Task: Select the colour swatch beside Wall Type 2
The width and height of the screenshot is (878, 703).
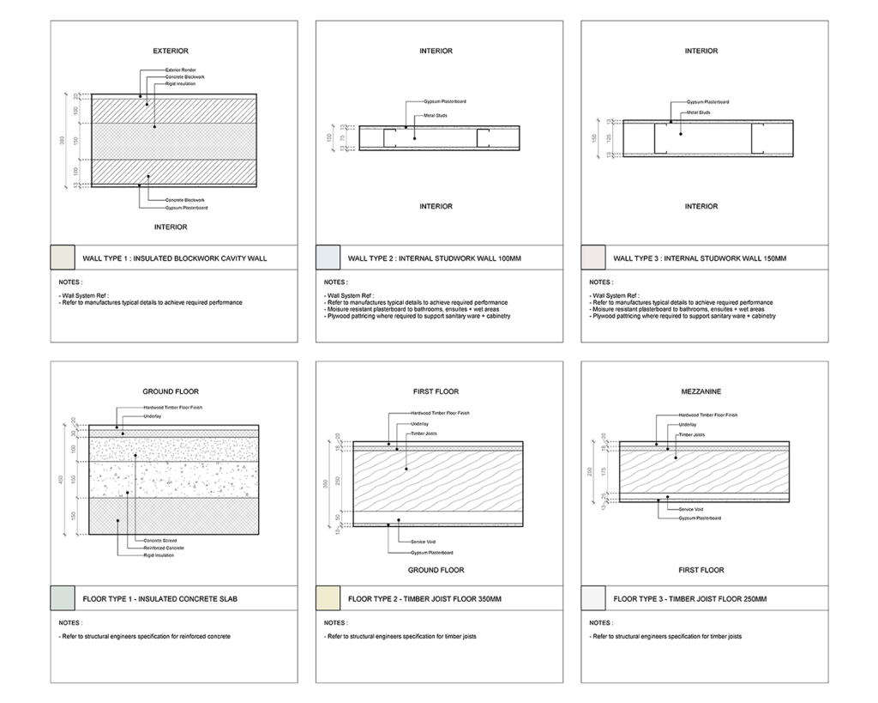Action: coord(328,258)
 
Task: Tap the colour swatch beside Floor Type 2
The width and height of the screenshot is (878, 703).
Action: coord(328,597)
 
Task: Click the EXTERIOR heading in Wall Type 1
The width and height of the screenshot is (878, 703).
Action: coord(170,52)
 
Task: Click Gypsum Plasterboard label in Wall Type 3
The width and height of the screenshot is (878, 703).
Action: coord(709,101)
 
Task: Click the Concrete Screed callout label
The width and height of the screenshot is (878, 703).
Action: coord(158,541)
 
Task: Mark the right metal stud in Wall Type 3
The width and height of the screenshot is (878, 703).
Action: coord(757,138)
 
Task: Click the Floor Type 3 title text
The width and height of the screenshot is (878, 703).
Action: coord(690,597)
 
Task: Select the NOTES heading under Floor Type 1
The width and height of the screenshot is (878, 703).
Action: coord(71,622)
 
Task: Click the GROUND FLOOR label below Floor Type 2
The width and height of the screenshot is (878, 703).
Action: coord(436,570)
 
